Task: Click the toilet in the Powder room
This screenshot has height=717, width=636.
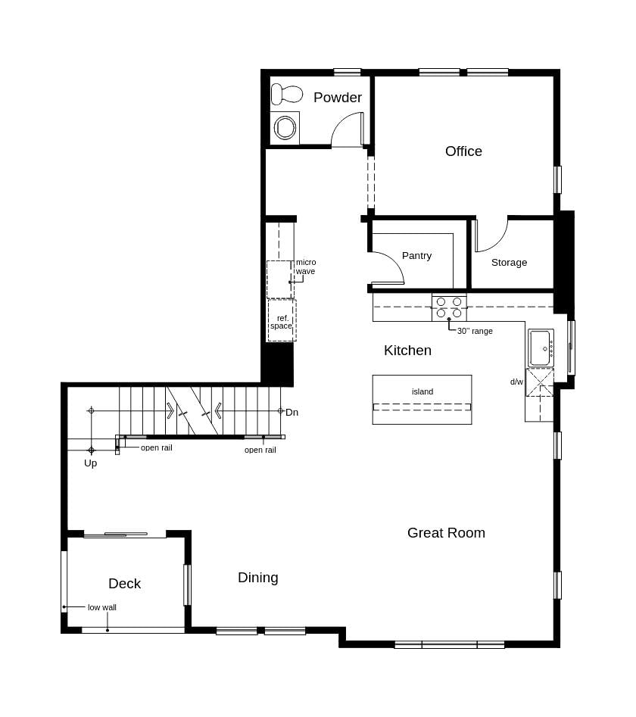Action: click(x=285, y=95)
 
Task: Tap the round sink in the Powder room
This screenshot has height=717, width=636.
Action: click(x=285, y=127)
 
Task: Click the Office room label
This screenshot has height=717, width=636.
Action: click(x=463, y=151)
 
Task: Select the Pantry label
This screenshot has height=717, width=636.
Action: click(x=416, y=256)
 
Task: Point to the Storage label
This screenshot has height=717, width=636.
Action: click(x=509, y=263)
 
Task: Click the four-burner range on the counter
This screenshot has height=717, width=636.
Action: click(x=449, y=307)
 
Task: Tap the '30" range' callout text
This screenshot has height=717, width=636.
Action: click(x=475, y=331)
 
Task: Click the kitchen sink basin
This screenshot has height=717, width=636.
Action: click(x=540, y=348)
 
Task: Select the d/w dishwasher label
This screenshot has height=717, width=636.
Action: click(x=516, y=382)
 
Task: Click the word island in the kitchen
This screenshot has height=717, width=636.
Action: click(x=422, y=391)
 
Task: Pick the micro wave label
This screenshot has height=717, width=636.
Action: click(x=306, y=267)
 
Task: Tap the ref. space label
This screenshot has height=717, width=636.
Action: click(x=281, y=322)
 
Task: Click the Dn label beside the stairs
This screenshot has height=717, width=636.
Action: click(x=291, y=412)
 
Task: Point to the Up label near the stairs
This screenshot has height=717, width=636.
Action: click(x=90, y=463)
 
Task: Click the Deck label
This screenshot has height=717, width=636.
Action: click(x=124, y=584)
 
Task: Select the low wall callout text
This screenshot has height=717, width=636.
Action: click(x=102, y=607)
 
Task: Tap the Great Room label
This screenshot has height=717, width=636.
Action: click(x=446, y=533)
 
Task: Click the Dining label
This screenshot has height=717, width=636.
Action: click(x=258, y=578)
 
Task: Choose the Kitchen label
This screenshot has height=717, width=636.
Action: click(x=407, y=351)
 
